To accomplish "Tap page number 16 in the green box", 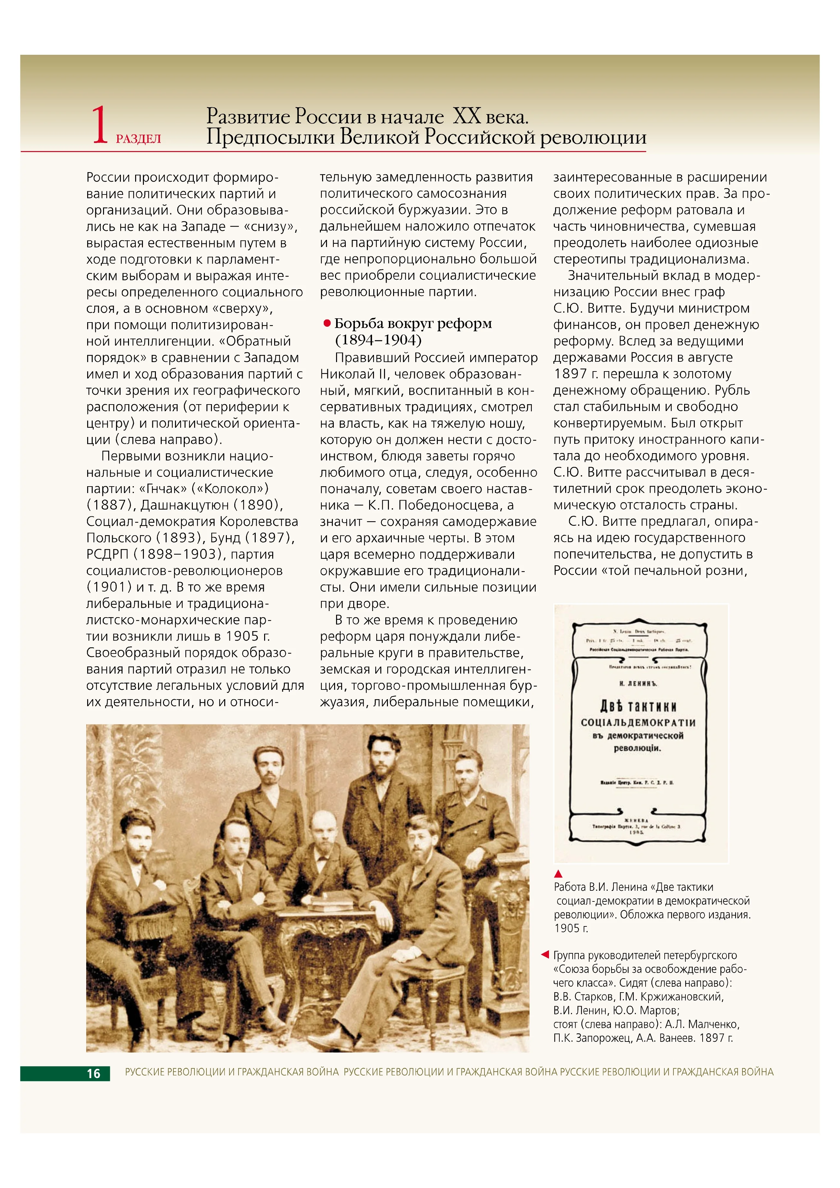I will pos(94,1074).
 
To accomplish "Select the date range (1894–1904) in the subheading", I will pos(378,340).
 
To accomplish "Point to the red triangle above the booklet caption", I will pos(558,874).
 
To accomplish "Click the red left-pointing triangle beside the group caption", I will pos(545,954).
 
